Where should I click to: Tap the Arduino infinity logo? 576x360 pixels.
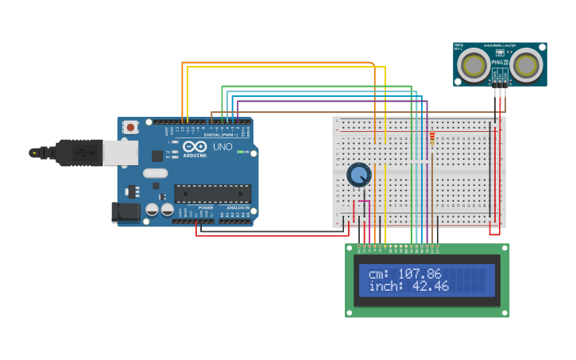coord(195,146)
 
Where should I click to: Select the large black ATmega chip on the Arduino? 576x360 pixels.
coord(212,193)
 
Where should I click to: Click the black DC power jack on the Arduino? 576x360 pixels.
coord(125,211)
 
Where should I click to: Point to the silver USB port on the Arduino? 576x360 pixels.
coord(119,153)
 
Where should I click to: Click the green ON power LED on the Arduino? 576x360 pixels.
coord(241,151)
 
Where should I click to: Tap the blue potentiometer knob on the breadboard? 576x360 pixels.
coord(359,175)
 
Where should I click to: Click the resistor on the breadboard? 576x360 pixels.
coord(432,138)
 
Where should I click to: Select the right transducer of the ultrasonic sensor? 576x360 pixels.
coord(526,64)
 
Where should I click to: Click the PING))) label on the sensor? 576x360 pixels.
coord(500,62)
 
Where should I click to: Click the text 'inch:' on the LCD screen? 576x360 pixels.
coord(386,286)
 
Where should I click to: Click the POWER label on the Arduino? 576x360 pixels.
coord(205,208)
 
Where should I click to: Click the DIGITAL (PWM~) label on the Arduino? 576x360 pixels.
coord(221,135)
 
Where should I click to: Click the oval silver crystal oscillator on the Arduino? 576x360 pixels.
coord(156,173)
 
